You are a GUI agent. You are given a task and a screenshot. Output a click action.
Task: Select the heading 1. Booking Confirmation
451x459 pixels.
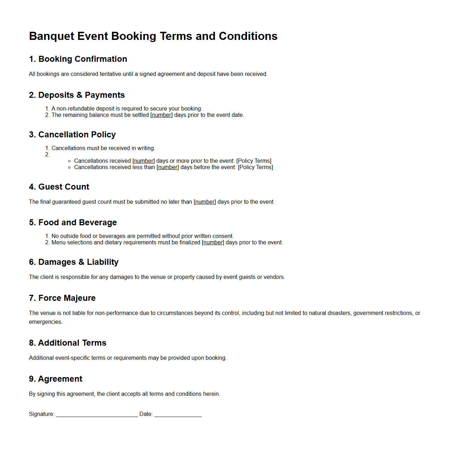(78, 59)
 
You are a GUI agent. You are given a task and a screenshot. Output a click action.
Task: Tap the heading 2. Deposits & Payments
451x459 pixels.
(77, 95)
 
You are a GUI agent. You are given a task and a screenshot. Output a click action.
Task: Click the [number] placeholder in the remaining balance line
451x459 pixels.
(161, 115)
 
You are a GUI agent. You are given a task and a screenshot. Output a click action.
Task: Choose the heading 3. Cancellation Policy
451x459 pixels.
(72, 135)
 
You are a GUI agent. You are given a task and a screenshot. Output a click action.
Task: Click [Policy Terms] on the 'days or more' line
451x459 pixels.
(254, 161)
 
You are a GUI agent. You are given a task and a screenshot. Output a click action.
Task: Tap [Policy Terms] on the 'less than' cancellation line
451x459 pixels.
(255, 167)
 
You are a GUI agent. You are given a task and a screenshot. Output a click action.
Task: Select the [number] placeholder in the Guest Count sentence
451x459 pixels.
(205, 202)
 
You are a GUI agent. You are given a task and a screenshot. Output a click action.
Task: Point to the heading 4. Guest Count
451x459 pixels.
(59, 187)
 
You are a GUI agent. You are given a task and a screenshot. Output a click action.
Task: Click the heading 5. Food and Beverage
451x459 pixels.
(73, 222)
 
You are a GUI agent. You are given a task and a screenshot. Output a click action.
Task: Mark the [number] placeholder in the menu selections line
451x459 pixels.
(213, 243)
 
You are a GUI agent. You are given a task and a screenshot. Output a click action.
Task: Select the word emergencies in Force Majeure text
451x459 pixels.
(45, 322)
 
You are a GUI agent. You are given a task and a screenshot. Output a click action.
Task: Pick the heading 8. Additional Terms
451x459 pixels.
(67, 343)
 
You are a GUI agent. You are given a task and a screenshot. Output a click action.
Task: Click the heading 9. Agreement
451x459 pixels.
(55, 379)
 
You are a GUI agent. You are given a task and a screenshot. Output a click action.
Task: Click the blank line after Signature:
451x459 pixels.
(97, 415)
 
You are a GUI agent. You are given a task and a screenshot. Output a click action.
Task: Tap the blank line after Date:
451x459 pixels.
(178, 415)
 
